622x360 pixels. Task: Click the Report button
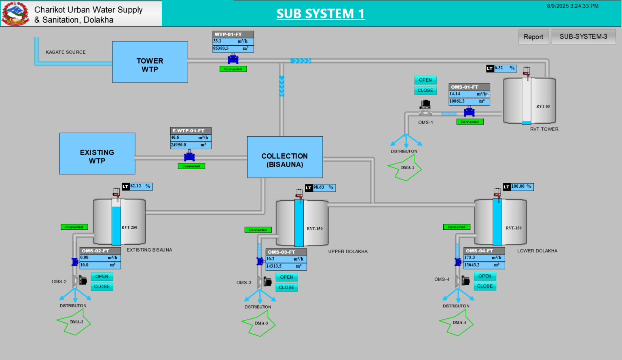(533, 37)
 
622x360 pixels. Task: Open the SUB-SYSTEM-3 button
(583, 37)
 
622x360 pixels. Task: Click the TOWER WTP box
(150, 62)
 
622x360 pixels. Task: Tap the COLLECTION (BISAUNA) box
(285, 157)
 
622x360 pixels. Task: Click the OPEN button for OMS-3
(286, 277)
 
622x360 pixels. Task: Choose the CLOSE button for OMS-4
(484, 286)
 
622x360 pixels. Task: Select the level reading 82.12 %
(140, 186)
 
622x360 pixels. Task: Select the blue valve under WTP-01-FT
(233, 60)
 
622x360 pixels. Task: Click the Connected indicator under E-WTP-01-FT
(191, 166)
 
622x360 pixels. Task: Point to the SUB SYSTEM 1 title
(320, 14)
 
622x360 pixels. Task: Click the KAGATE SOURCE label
(66, 52)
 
